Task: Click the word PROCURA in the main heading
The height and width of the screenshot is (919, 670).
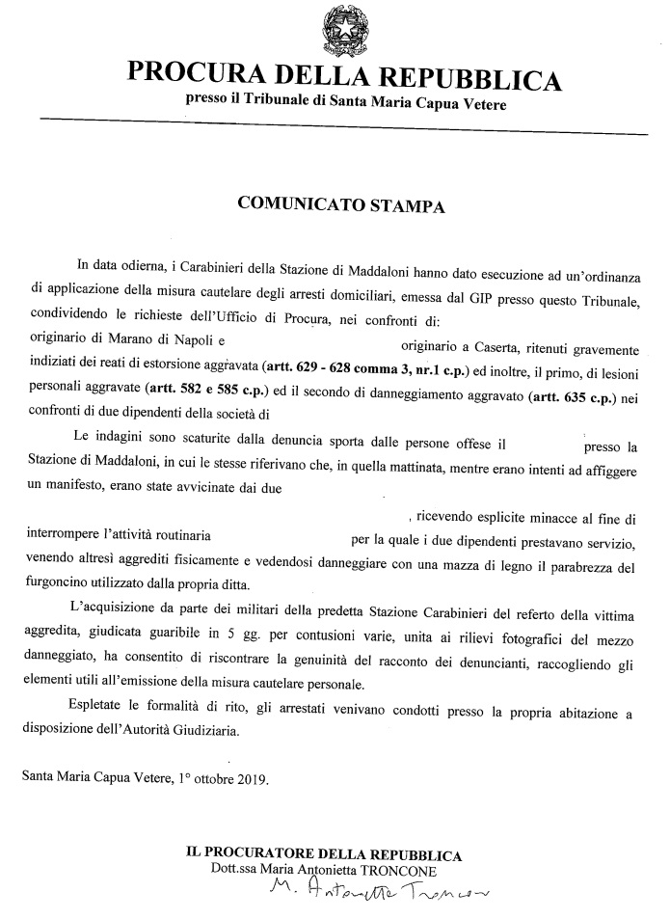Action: click(x=189, y=76)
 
